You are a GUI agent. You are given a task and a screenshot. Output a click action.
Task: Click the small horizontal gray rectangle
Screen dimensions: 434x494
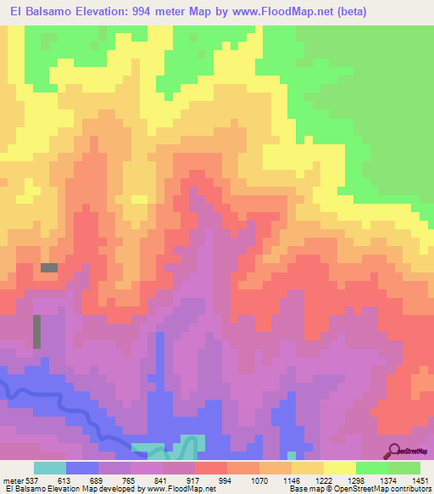click(x=49, y=267)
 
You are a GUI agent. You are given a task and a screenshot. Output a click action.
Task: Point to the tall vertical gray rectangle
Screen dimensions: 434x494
click(x=36, y=331)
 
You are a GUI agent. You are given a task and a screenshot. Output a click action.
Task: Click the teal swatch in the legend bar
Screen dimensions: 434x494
click(x=50, y=467)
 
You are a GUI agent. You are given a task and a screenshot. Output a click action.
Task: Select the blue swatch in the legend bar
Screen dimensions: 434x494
click(x=82, y=467)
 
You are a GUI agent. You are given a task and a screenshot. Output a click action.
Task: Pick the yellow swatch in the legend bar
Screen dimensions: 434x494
click(x=340, y=467)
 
